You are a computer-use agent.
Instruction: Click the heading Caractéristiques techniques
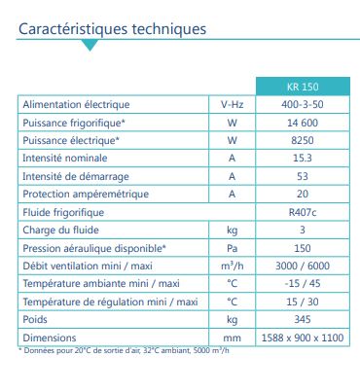(113, 28)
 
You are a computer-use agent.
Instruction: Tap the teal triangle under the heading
(90, 45)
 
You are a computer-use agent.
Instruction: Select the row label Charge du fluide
(60, 230)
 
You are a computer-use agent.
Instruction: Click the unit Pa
(232, 248)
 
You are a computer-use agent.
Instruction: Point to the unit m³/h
(232, 266)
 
